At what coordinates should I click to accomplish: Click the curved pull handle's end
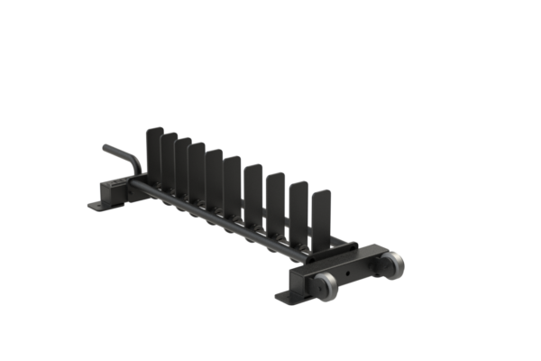click(x=106, y=147)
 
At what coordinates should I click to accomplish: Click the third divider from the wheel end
click(x=275, y=197)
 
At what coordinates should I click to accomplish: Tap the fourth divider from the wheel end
click(x=252, y=189)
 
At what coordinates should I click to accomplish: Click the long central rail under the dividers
click(x=216, y=213)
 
